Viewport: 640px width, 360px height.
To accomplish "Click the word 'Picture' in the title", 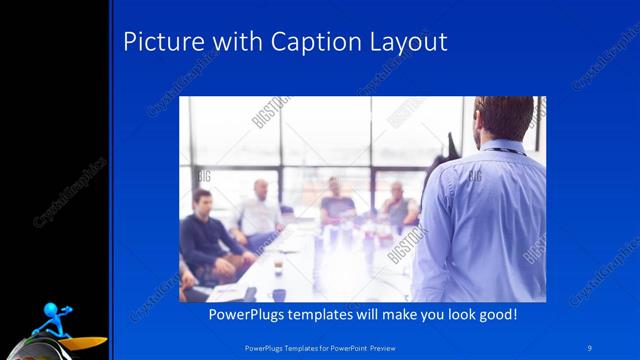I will point(157,42).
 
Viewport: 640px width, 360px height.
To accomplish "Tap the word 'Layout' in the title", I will point(406,43).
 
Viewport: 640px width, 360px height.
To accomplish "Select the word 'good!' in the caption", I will point(494,314).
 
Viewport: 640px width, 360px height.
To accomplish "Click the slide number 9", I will point(589,345).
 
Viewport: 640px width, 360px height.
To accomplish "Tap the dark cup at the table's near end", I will point(276,294).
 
